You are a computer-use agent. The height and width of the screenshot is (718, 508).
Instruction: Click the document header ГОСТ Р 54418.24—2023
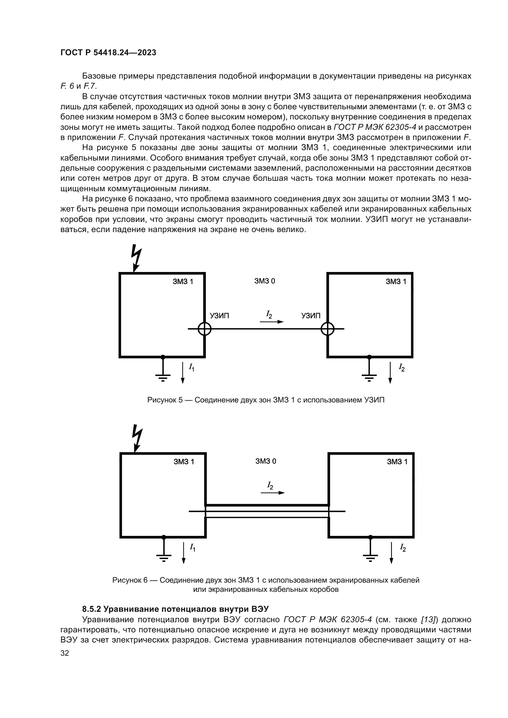pyautogui.click(x=108, y=52)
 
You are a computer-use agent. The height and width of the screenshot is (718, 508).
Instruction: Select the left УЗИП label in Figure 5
pyautogui.click(x=219, y=316)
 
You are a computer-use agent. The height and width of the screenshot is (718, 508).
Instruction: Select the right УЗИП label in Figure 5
pyautogui.click(x=311, y=316)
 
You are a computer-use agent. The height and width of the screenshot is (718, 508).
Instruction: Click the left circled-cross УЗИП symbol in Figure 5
pyautogui.click(x=205, y=329)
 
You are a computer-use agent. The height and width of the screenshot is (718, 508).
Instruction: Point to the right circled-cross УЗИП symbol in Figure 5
pyautogui.click(x=327, y=329)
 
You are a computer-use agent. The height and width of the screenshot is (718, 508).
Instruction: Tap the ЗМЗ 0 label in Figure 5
pyautogui.click(x=265, y=281)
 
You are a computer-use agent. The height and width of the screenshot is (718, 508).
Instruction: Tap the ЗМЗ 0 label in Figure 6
pyautogui.click(x=266, y=461)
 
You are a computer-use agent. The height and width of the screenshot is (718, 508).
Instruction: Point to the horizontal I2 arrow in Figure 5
pyautogui.click(x=272, y=321)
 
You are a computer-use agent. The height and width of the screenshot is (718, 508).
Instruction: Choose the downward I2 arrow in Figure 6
pyautogui.click(x=391, y=553)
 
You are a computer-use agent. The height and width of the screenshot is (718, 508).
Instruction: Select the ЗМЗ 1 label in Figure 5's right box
pyautogui.click(x=396, y=281)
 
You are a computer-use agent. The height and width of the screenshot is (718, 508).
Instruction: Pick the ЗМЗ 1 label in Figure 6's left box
pyautogui.click(x=184, y=462)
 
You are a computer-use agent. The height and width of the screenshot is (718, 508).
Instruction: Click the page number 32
pyautogui.click(x=65, y=653)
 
